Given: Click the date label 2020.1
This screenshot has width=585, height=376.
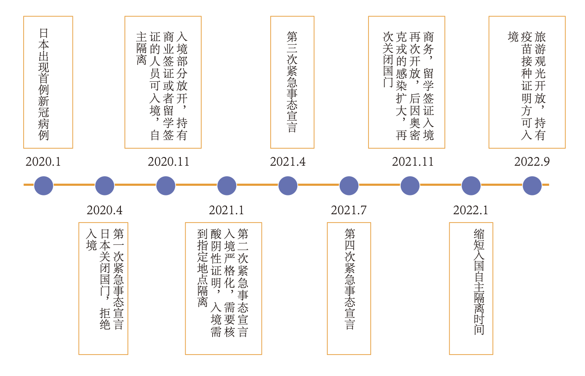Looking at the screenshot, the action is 43,162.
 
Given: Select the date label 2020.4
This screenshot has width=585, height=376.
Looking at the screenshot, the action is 104,210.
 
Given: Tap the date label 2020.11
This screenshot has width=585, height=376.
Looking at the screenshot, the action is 169,162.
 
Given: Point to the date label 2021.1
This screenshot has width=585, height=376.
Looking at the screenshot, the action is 226,210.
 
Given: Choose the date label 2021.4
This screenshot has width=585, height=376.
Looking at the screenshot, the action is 288,162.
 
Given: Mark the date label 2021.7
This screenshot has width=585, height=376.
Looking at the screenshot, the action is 348,210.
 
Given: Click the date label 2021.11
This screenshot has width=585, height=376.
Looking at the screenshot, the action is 413,162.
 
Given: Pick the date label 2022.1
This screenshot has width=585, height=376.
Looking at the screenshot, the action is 471,210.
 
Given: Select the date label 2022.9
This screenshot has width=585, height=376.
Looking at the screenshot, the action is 532,162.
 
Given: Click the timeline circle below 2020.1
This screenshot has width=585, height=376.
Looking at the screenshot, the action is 43,185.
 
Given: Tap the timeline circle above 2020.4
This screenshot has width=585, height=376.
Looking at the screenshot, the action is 104,185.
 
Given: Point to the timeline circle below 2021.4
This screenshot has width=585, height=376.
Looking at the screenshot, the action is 288,185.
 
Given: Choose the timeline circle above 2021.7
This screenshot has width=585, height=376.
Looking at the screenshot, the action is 348,185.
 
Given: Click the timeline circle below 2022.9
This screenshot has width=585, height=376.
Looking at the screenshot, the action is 532,185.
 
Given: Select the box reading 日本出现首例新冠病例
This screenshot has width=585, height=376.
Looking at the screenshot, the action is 48,82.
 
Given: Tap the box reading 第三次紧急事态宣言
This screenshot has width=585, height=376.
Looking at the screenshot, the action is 292,82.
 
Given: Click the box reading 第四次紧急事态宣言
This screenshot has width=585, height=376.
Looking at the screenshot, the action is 349,288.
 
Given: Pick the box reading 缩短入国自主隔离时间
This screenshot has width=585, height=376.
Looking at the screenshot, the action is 471,288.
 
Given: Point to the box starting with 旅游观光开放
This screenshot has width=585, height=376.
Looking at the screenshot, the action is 527,82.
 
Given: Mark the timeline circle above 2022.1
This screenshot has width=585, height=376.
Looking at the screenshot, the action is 471,185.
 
